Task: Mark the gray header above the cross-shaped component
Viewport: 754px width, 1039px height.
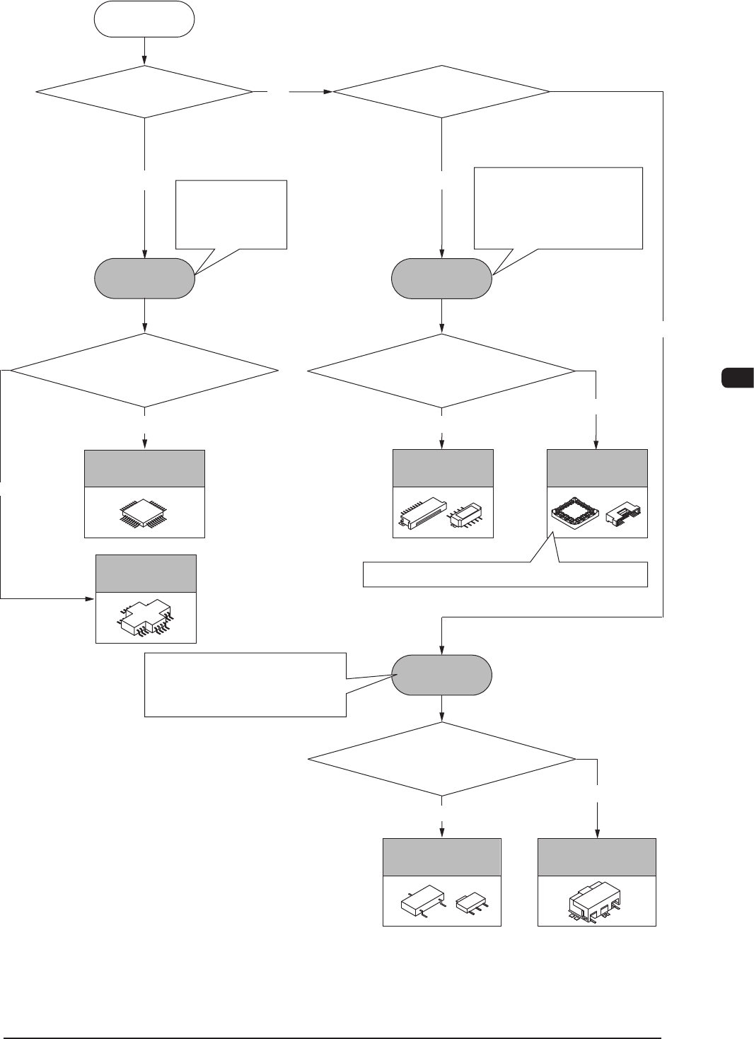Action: (x=146, y=574)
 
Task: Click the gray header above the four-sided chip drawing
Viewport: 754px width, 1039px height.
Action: (x=144, y=468)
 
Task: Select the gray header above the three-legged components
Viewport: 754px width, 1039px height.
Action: (x=442, y=857)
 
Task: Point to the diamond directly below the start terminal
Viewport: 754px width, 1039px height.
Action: (x=144, y=92)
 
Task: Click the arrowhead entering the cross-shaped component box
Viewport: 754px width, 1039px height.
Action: (x=91, y=599)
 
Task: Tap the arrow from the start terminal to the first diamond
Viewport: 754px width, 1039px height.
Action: (x=144, y=51)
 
